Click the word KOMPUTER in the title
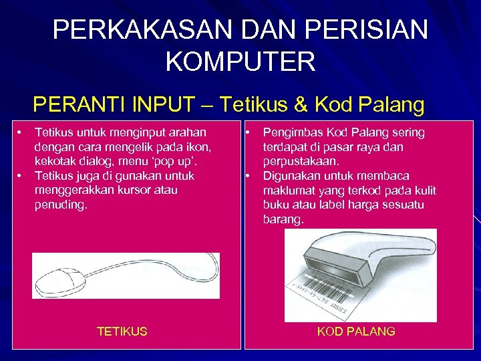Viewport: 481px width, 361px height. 240,62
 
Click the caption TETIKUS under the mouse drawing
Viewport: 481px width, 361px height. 122,331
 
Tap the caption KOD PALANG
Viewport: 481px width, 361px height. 356,331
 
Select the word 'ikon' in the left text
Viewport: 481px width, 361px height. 200,147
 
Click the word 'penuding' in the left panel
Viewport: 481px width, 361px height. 59,205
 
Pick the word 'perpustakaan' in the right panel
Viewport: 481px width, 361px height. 301,161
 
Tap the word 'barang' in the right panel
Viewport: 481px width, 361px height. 283,219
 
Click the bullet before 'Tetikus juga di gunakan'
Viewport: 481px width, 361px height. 21,176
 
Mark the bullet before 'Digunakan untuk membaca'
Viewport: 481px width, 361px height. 247,176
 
